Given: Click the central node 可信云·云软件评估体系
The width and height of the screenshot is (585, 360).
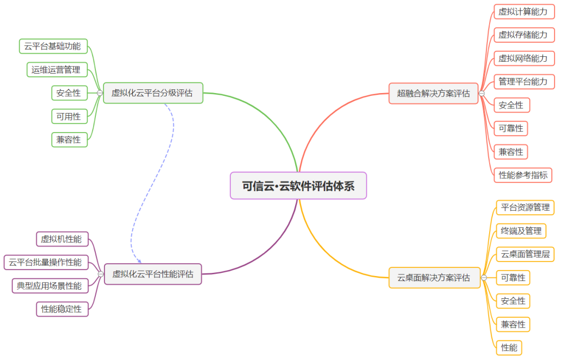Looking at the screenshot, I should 298,186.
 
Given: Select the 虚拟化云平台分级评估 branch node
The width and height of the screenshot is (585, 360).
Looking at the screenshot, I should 153,93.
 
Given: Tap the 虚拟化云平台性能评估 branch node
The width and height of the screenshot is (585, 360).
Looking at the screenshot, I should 153,274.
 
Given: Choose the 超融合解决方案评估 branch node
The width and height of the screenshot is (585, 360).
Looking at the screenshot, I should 433,93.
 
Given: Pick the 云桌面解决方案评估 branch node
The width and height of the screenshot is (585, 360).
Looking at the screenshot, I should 434,278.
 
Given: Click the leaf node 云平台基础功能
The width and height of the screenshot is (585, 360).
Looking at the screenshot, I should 53,47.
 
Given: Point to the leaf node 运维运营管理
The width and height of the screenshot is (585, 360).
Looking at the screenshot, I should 56,70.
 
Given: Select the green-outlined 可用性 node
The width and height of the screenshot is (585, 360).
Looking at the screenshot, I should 69,116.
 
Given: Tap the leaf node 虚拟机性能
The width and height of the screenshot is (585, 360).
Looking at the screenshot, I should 61,239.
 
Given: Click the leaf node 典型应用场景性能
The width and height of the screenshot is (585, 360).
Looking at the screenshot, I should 49,286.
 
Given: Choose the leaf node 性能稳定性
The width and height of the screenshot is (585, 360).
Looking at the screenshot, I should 62,309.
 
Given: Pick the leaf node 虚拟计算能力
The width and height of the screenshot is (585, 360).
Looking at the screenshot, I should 524,11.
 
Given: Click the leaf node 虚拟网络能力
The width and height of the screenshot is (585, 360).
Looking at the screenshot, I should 524,58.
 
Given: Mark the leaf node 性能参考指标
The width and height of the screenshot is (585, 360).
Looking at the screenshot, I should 523,175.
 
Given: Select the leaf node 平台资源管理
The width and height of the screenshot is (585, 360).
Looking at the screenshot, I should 525,207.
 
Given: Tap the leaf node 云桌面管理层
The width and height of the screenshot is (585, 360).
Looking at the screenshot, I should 525,254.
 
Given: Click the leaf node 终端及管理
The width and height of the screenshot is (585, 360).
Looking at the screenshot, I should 521,231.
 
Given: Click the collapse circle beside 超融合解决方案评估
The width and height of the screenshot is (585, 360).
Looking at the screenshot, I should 482,94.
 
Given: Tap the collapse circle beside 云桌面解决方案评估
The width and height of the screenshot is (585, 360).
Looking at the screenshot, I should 484,278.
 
